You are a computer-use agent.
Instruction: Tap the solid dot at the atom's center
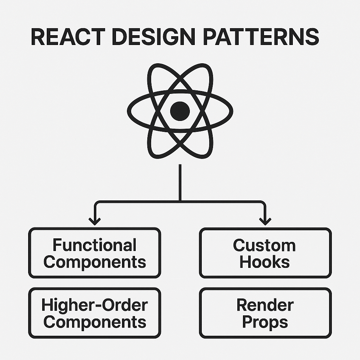tap(180, 111)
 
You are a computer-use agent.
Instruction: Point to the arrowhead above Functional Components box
tap(94, 221)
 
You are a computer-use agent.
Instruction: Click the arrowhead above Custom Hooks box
tap(265, 221)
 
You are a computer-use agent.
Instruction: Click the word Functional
tap(94, 245)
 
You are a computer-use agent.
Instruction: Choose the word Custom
tap(264, 245)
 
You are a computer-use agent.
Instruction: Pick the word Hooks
tap(264, 262)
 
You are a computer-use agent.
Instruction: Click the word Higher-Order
tap(94, 305)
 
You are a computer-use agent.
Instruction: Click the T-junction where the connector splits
tap(180, 202)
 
